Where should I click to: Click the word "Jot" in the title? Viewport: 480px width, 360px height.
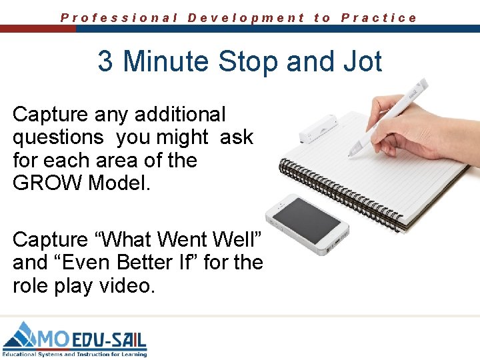tap(363, 61)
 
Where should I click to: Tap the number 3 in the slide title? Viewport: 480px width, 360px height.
tap(105, 61)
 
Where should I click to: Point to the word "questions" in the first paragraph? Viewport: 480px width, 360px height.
tap(58, 137)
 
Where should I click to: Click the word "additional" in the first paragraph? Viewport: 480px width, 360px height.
tap(180, 115)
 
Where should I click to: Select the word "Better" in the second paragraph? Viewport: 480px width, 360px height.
tap(143, 263)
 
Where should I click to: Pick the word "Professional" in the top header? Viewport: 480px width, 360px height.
tap(119, 18)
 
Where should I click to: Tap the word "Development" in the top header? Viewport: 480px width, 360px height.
tap(246, 18)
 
